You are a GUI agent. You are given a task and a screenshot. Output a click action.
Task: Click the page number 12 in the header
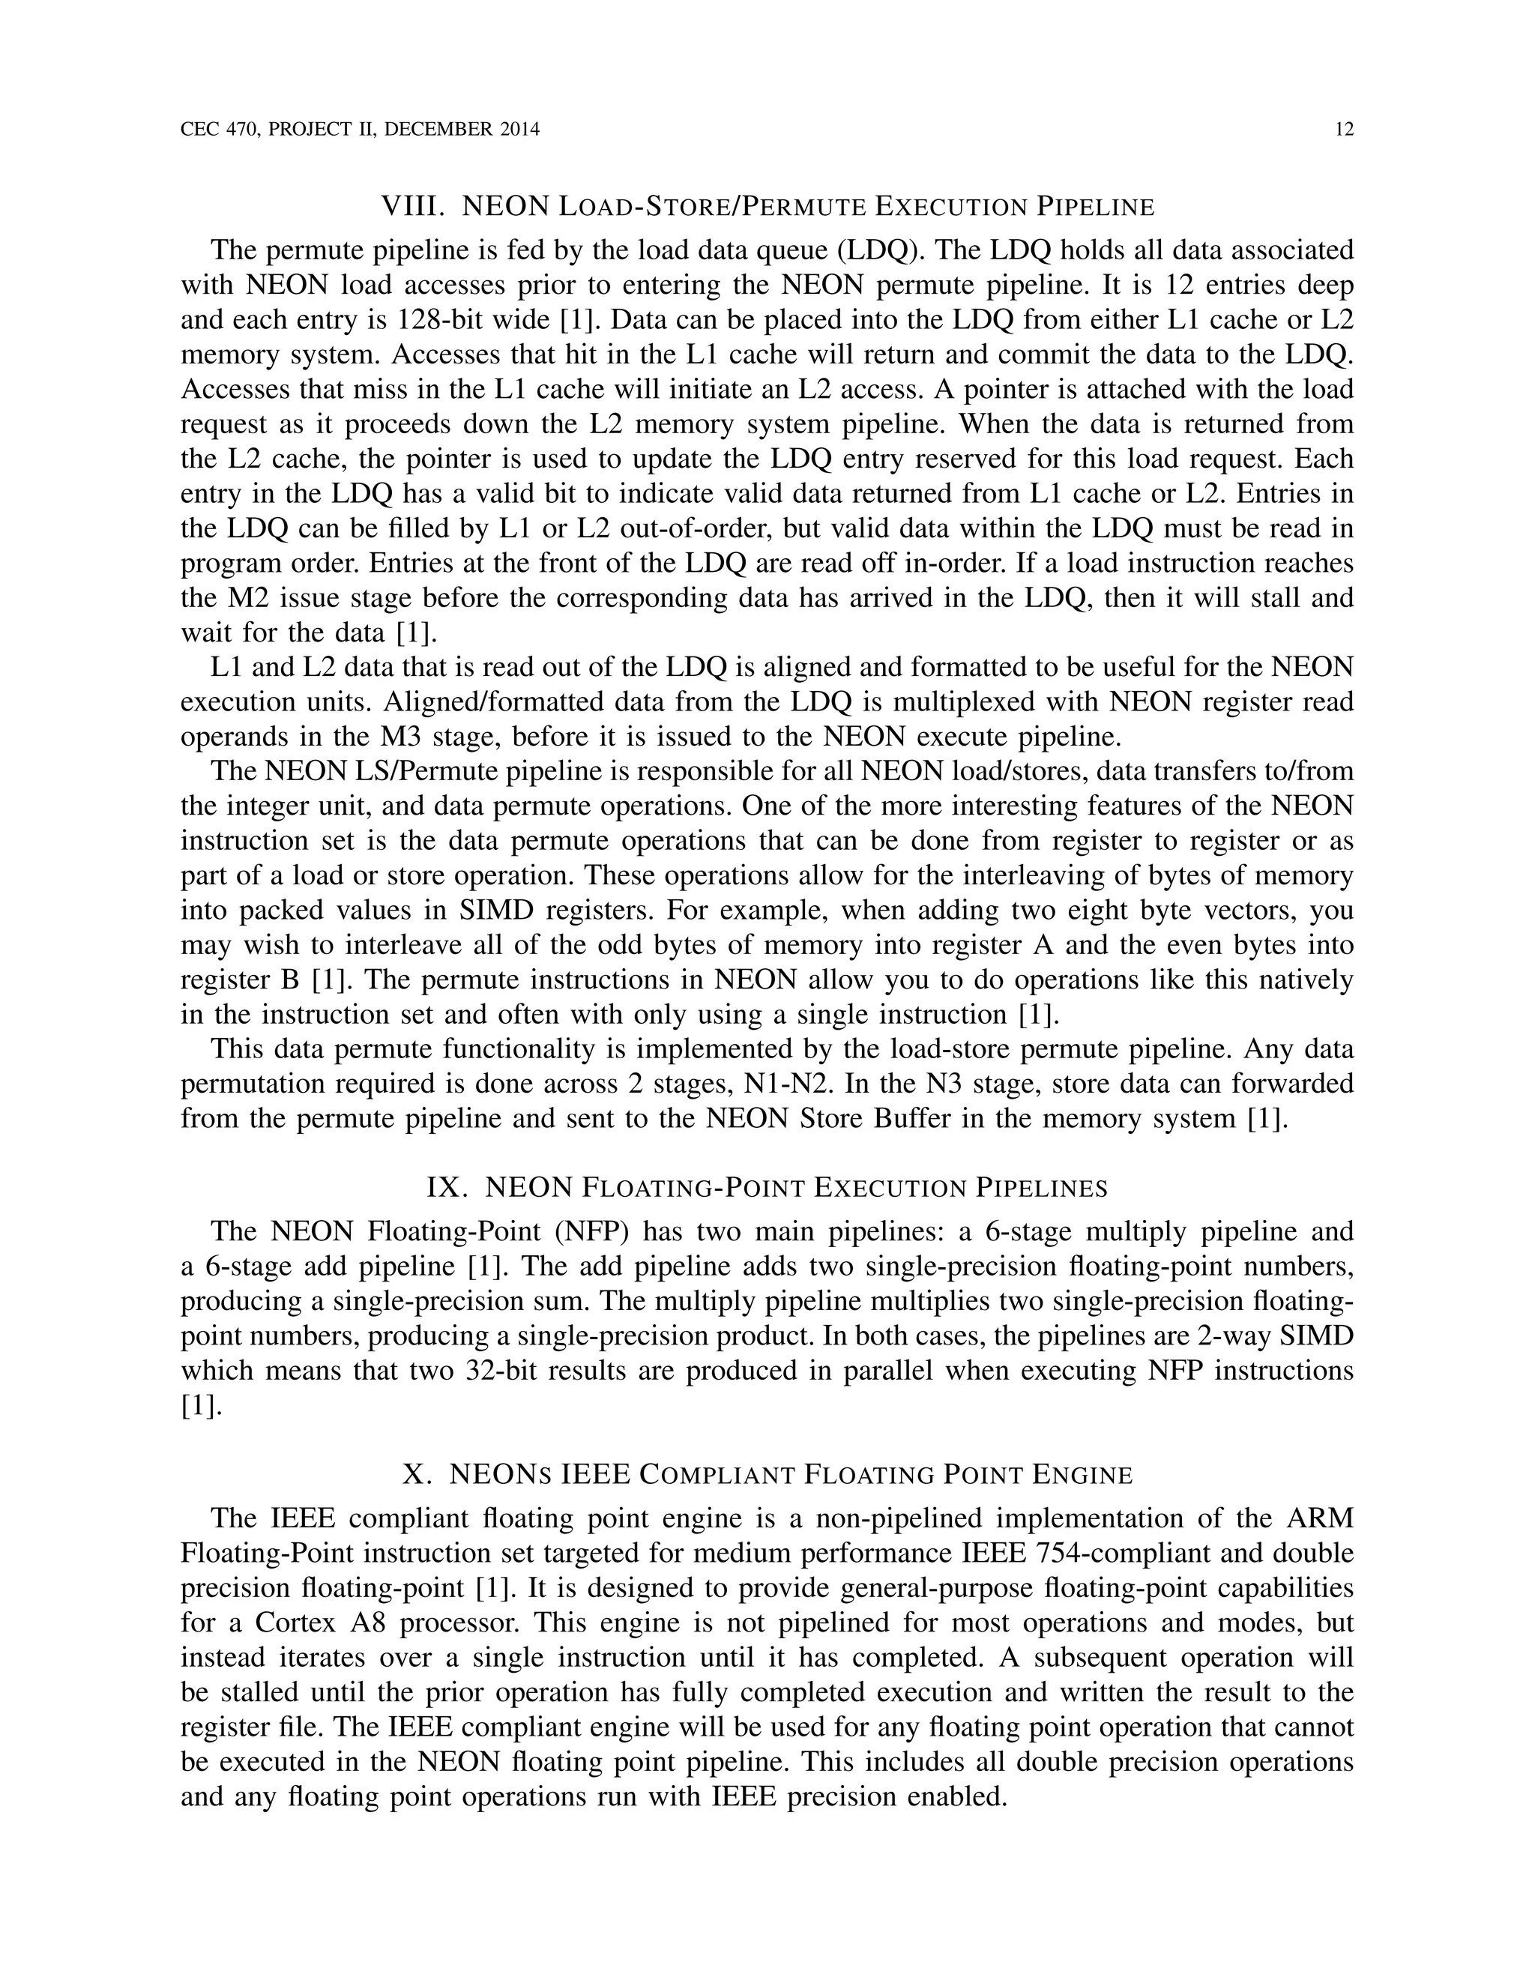point(1344,129)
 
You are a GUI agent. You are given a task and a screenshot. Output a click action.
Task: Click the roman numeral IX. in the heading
point(447,1189)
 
